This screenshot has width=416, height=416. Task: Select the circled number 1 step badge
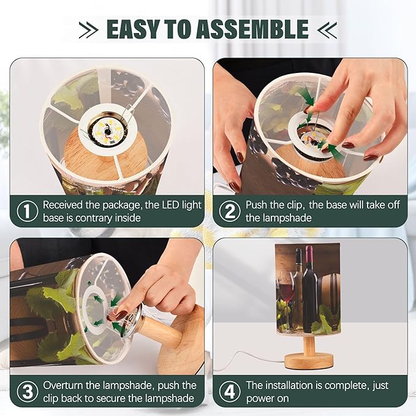tap(28, 211)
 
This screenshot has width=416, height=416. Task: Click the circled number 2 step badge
tap(230, 211)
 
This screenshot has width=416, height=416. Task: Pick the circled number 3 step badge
tap(28, 391)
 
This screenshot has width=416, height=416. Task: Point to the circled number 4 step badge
tap(230, 391)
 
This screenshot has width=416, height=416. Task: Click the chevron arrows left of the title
tap(88, 29)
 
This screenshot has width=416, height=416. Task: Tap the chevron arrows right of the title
tap(327, 29)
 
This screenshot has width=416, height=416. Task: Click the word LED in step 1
tap(168, 205)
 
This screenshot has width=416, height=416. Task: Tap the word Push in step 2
tap(257, 205)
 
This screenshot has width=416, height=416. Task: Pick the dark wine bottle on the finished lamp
tap(309, 289)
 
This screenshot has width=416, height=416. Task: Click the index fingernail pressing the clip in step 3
tap(121, 315)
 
